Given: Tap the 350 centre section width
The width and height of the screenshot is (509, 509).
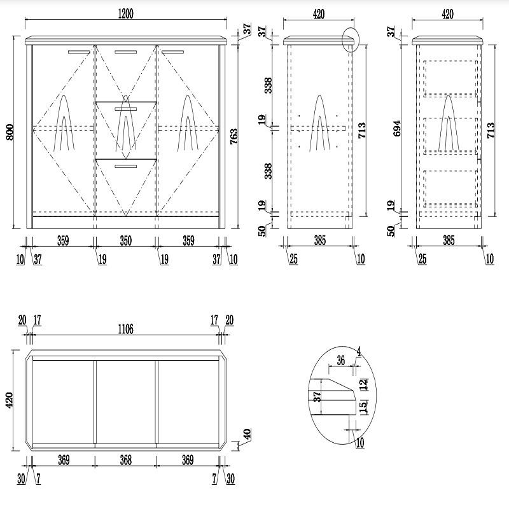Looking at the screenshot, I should coord(125,242).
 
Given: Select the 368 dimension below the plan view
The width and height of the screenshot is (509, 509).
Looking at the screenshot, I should coord(125,461).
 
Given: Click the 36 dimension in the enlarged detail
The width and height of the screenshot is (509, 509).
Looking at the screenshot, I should coord(340,361).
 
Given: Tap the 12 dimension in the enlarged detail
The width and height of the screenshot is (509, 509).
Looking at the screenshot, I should coord(363,384).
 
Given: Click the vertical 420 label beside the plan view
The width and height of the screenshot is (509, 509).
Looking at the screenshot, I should coord(9,400).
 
